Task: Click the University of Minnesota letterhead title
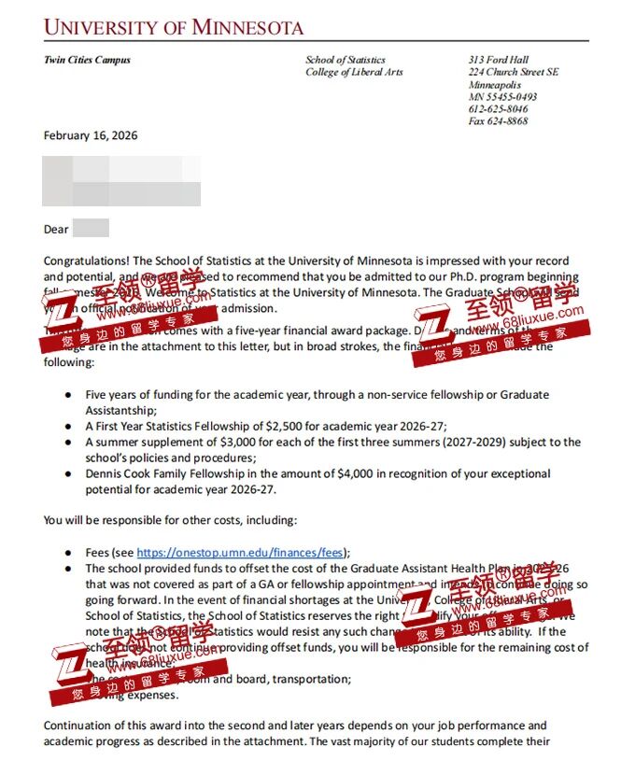174,27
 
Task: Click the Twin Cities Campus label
87,60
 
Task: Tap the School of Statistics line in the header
346,60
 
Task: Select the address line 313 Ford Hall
498,60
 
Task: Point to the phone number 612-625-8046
498,109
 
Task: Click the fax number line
498,121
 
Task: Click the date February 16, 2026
91,135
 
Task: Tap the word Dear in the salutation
56,229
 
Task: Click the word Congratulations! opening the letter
87,261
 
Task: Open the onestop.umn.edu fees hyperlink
240,552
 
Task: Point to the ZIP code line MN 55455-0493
502,97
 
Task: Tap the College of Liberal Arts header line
354,72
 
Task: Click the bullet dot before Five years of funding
68,395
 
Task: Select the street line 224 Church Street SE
514,72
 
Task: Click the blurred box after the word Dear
91,228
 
